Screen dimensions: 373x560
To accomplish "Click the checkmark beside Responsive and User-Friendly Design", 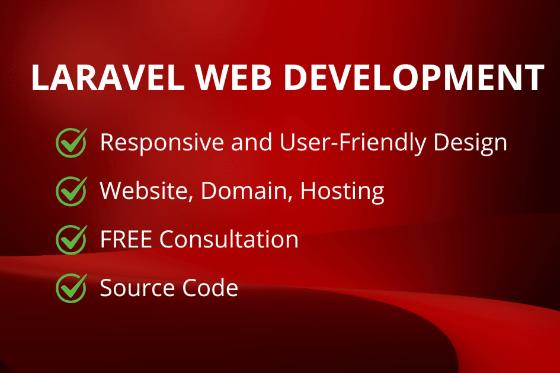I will [71, 143].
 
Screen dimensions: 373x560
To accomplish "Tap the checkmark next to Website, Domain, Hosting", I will [71, 191].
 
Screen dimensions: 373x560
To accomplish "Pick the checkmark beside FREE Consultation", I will [71, 239].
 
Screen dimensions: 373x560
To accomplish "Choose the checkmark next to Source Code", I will [71, 288].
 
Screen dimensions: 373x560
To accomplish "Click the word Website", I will [146, 191].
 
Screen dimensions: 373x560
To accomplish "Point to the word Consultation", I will [229, 239].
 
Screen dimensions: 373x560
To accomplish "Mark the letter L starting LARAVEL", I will [39, 78].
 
